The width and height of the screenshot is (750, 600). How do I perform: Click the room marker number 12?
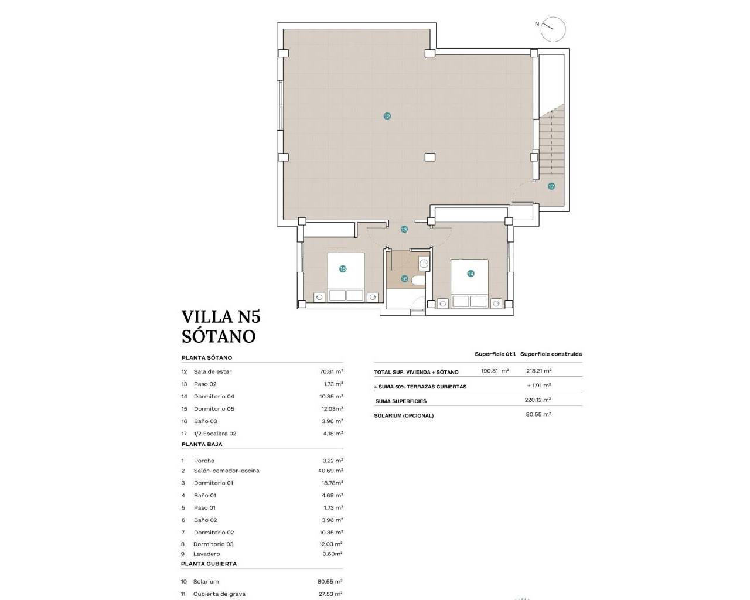pyautogui.click(x=387, y=117)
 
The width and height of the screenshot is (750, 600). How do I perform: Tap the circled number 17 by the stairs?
pyautogui.click(x=551, y=186)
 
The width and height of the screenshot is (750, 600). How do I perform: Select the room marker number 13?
pyautogui.click(x=404, y=230)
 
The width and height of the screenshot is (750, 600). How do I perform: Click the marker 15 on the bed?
pyautogui.click(x=343, y=269)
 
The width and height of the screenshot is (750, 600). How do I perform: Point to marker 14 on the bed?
pyautogui.click(x=470, y=274)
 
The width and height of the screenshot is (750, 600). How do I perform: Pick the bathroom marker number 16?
pyautogui.click(x=404, y=279)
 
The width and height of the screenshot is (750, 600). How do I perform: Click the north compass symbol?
pyautogui.click(x=553, y=29)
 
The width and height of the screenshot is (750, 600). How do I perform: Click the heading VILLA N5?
pyautogui.click(x=221, y=316)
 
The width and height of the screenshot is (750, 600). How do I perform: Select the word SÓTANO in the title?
pyautogui.click(x=219, y=336)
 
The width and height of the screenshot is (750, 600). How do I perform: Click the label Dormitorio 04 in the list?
pyautogui.click(x=214, y=397)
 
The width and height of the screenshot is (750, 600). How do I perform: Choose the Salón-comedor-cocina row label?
pyautogui.click(x=226, y=471)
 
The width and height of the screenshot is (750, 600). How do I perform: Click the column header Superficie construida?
pyautogui.click(x=551, y=354)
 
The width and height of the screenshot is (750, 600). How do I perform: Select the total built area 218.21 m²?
pyautogui.click(x=538, y=371)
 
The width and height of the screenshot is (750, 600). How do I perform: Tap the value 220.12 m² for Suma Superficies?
pyautogui.click(x=537, y=400)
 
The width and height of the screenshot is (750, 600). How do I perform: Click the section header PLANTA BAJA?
pyautogui.click(x=202, y=444)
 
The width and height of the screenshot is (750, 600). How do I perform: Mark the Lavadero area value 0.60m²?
pyautogui.click(x=332, y=554)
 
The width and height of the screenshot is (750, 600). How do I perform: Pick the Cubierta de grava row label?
pyautogui.click(x=219, y=594)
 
